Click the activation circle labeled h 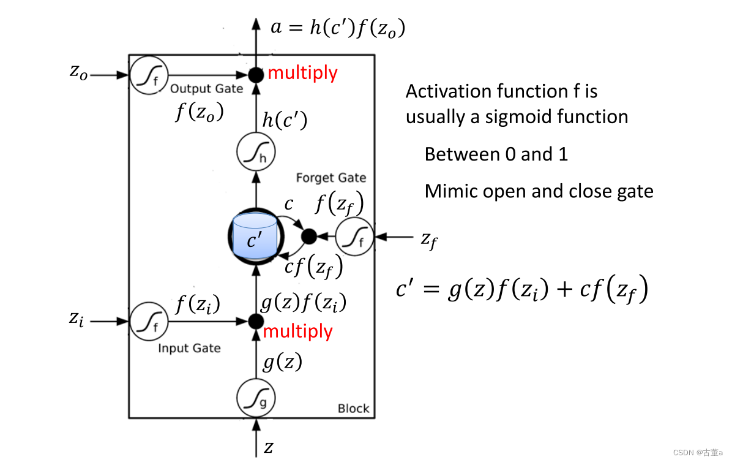pos(256,153)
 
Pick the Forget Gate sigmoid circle pos(355,236)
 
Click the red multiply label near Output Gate pos(302,73)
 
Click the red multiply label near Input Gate pos(298,331)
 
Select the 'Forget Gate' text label pos(331,178)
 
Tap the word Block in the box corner pos(353,409)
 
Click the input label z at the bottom pos(269,448)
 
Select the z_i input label pos(76,319)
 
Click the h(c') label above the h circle pos(285,121)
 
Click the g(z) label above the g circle pos(282,363)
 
